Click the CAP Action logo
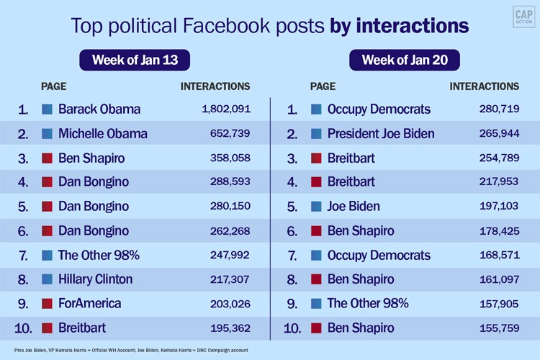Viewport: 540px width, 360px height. pyautogui.click(x=523, y=17)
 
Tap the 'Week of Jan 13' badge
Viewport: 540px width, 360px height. pyautogui.click(x=135, y=60)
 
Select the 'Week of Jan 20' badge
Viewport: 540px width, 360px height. pyautogui.click(x=403, y=60)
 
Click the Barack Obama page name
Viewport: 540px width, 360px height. pyautogui.click(x=99, y=109)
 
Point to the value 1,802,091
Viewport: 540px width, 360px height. pyautogui.click(x=226, y=109)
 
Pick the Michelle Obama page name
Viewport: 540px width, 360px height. pyautogui.click(x=103, y=133)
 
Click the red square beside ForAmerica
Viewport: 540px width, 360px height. pyautogui.click(x=47, y=303)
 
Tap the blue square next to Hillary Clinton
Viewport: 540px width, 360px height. pyautogui.click(x=47, y=279)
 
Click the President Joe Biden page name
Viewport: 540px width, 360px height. pyautogui.click(x=381, y=133)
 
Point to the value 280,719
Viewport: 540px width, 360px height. pyautogui.click(x=499, y=109)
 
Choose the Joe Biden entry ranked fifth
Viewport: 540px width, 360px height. pyautogui.click(x=354, y=206)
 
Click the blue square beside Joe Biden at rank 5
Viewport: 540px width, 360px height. pyautogui.click(x=316, y=206)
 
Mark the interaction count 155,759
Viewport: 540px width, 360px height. pyautogui.click(x=499, y=328)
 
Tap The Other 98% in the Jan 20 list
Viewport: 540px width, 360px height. pyautogui.click(x=367, y=303)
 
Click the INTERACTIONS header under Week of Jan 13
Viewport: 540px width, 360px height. pyautogui.click(x=215, y=86)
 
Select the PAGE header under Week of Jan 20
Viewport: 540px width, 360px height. pyautogui.click(x=323, y=86)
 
